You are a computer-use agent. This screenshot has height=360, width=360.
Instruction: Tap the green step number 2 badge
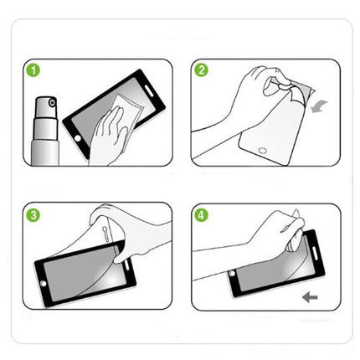202,71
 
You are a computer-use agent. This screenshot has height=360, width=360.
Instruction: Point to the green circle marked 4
202,215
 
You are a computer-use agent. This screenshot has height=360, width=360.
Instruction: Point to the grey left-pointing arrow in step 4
311,296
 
